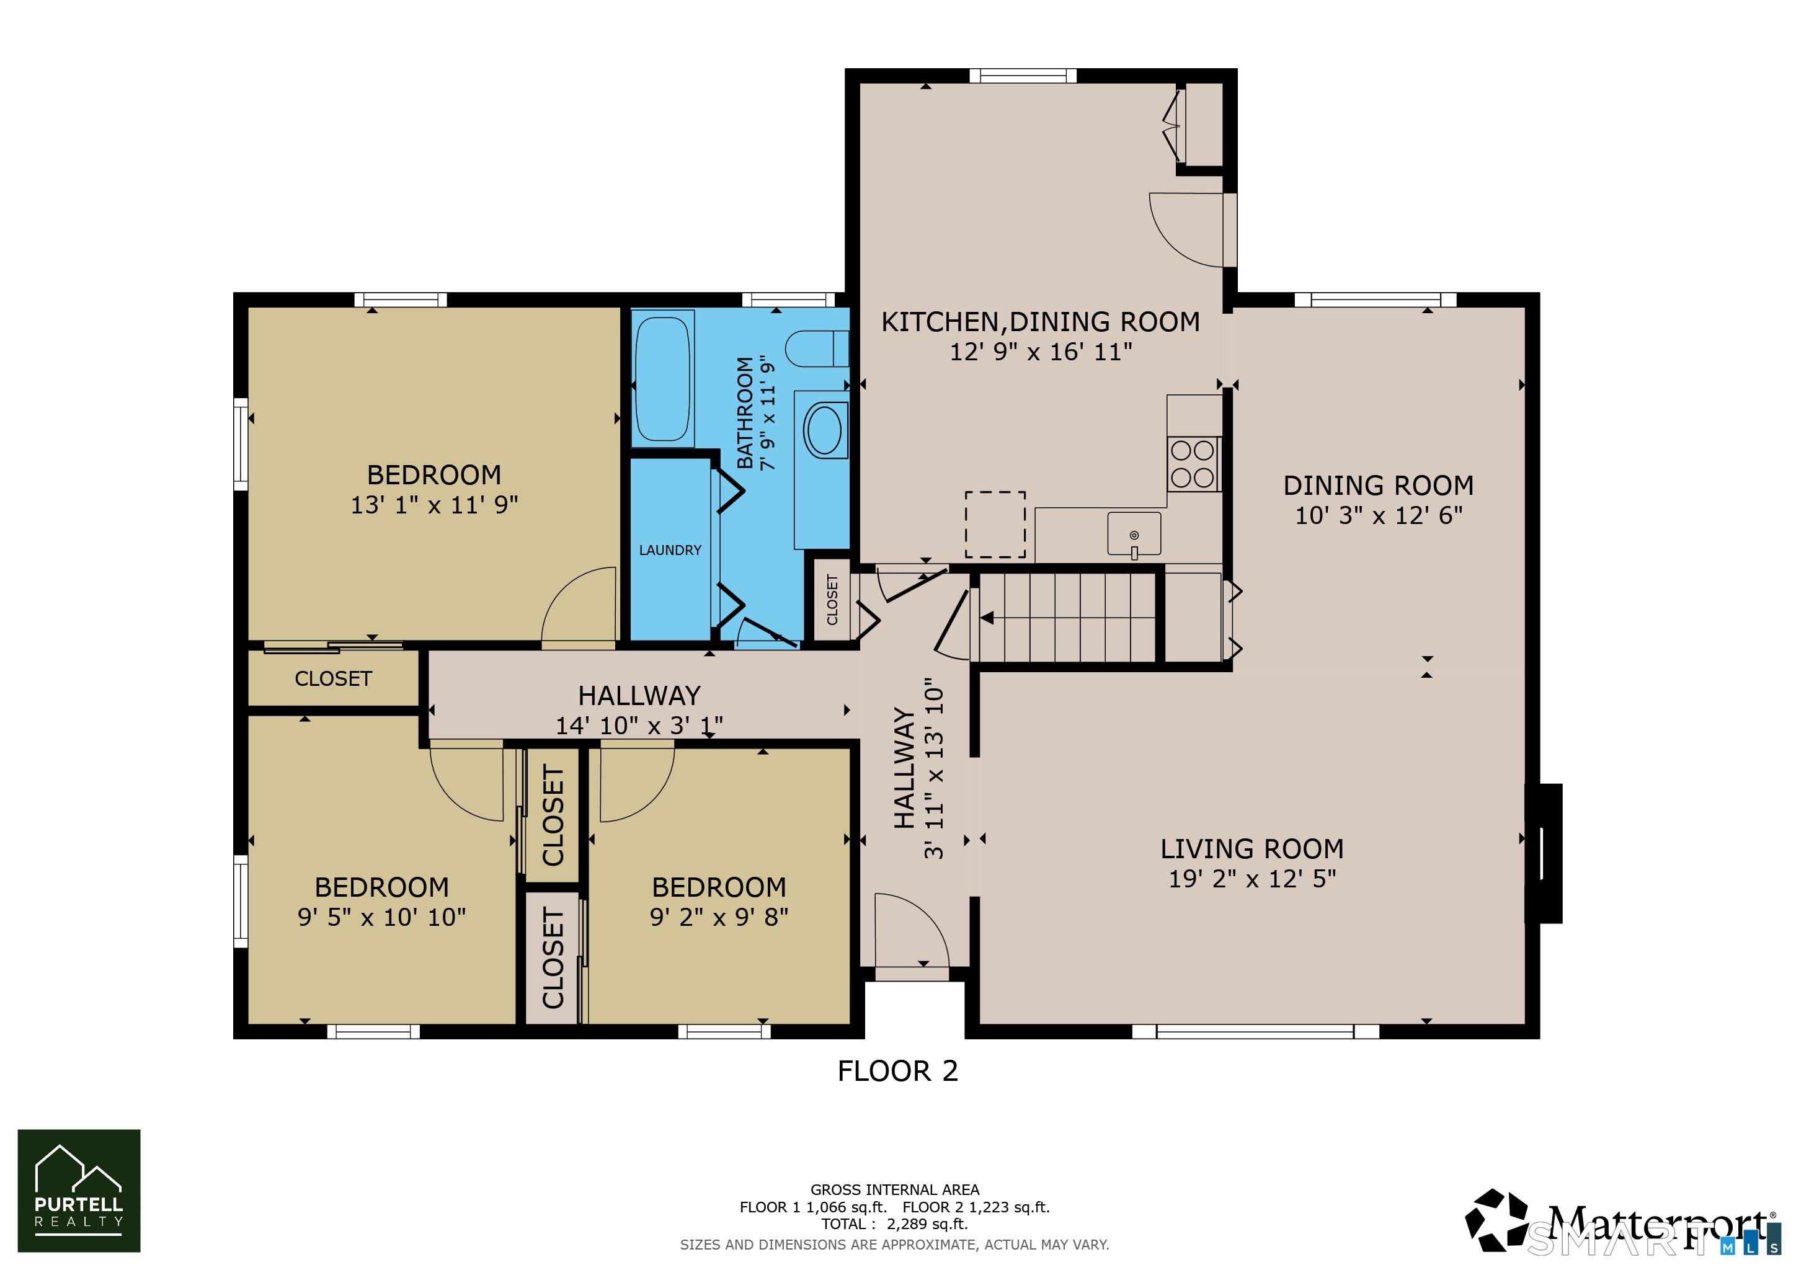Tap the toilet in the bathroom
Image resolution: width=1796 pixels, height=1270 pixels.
point(817,349)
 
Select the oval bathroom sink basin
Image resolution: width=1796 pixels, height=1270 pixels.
point(823,429)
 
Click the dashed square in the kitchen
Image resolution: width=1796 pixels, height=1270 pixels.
point(995,524)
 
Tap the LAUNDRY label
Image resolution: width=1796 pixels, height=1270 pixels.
point(670,550)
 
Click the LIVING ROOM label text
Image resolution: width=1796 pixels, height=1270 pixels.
point(1251,848)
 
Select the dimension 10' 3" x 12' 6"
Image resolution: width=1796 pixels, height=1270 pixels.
point(1378,515)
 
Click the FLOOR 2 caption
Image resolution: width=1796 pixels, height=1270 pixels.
point(897,1070)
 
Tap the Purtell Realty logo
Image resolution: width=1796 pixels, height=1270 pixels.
point(79,1190)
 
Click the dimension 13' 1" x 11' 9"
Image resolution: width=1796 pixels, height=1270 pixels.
point(434,505)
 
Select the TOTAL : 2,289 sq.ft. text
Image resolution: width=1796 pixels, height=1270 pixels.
point(894,1224)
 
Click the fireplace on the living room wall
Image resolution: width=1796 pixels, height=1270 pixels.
point(1544,853)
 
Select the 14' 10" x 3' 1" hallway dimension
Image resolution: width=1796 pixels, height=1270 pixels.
point(639,726)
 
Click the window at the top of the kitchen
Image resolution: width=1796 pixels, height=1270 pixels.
point(1023,76)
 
